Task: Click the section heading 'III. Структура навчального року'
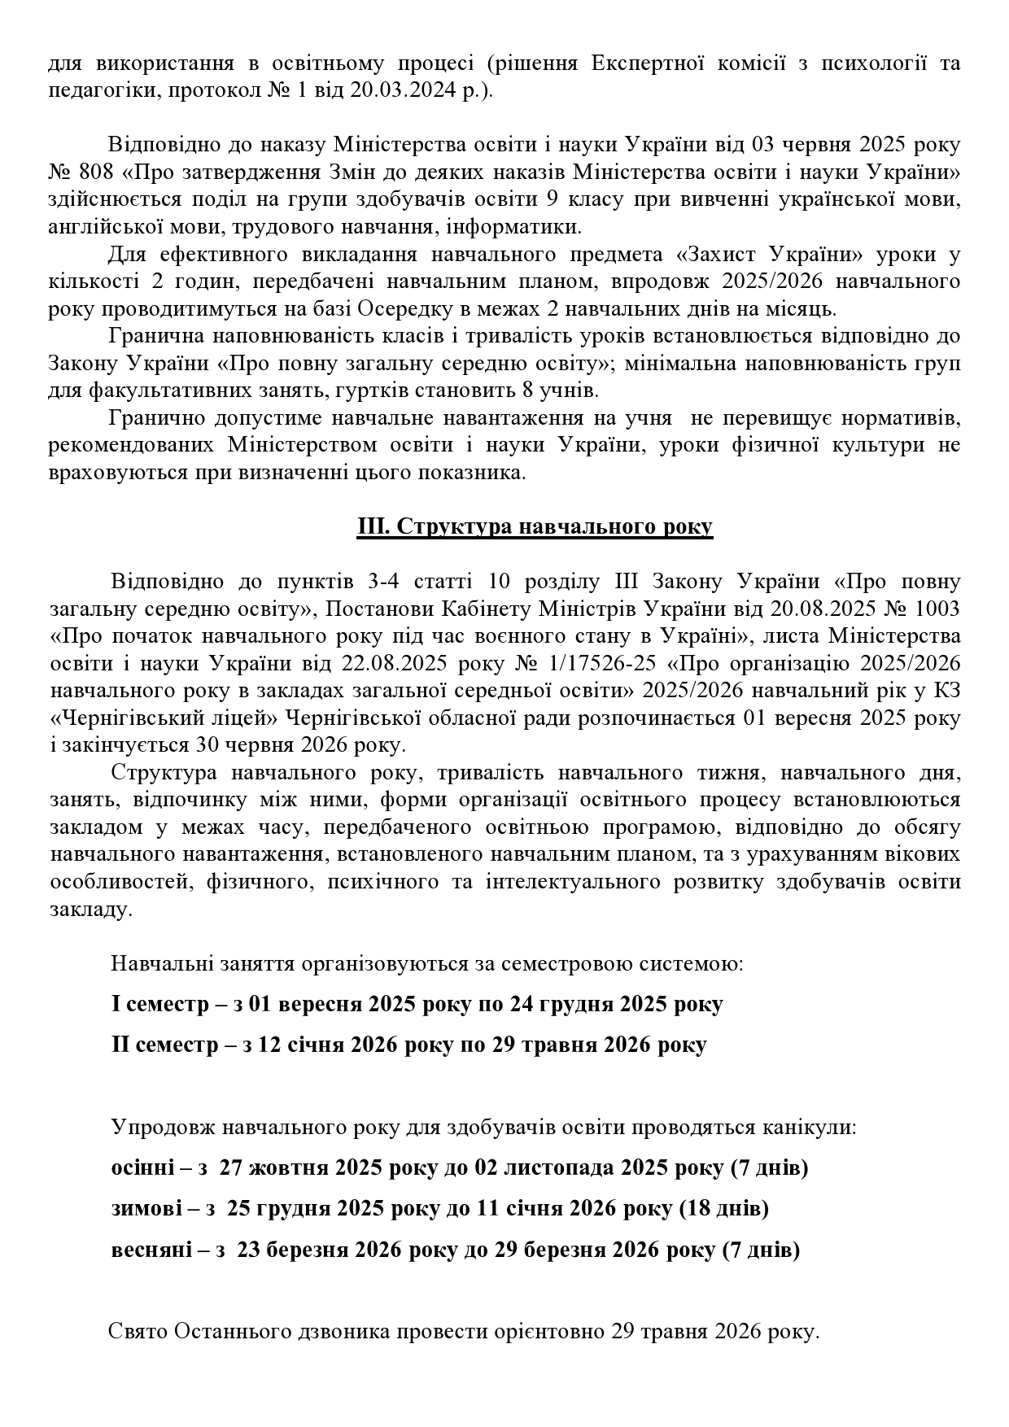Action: tap(535, 526)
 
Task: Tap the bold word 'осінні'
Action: tap(142, 1168)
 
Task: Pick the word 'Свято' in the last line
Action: tap(137, 1333)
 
